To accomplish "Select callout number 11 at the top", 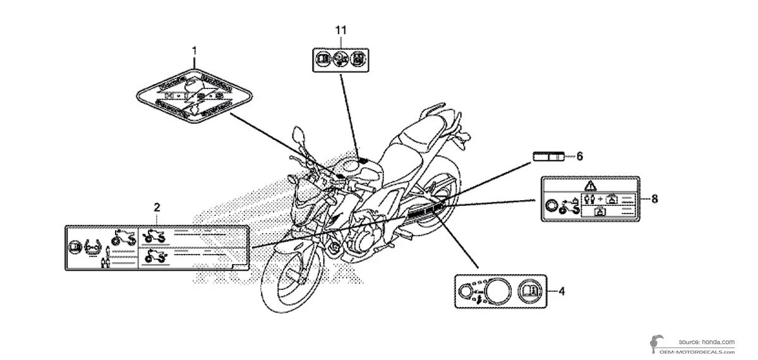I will tap(341, 30).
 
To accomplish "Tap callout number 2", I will tap(157, 207).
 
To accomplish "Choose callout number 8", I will tap(654, 198).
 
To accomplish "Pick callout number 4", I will tap(562, 291).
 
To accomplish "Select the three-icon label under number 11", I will tap(341, 60).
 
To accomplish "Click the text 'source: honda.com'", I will tap(707, 341).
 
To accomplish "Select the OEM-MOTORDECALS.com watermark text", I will tap(697, 350).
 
